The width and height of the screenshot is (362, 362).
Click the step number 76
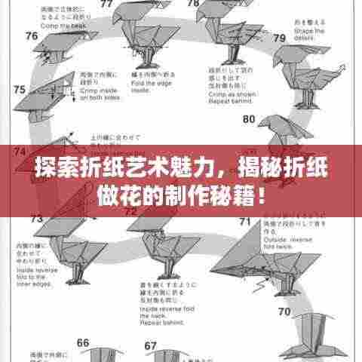click(32, 35)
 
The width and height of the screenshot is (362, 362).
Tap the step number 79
click(279, 38)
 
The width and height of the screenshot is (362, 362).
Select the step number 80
click(249, 119)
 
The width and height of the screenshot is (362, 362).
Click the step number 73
click(36, 219)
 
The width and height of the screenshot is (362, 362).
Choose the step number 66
click(83, 343)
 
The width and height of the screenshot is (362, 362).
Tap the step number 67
click(150, 346)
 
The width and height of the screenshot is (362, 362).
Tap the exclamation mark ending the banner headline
click(260, 184)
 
